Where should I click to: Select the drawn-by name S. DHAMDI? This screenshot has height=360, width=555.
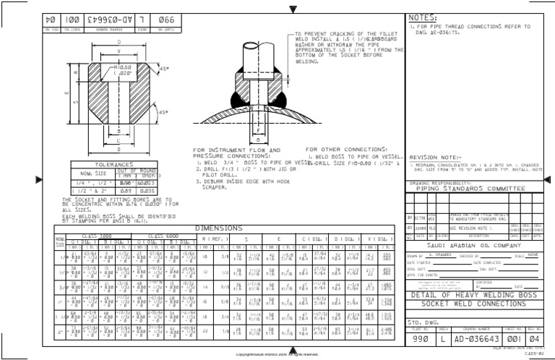click(443, 255)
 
